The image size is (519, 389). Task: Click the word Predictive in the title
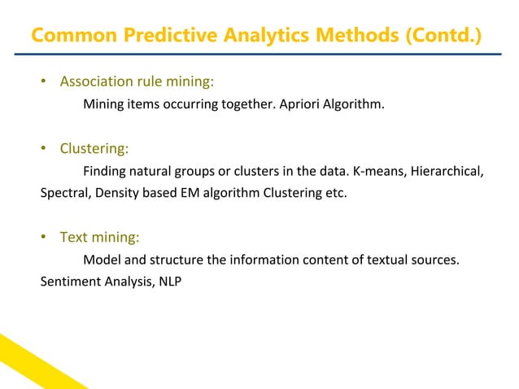[x=164, y=37]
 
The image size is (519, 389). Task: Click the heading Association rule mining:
[x=137, y=81]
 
